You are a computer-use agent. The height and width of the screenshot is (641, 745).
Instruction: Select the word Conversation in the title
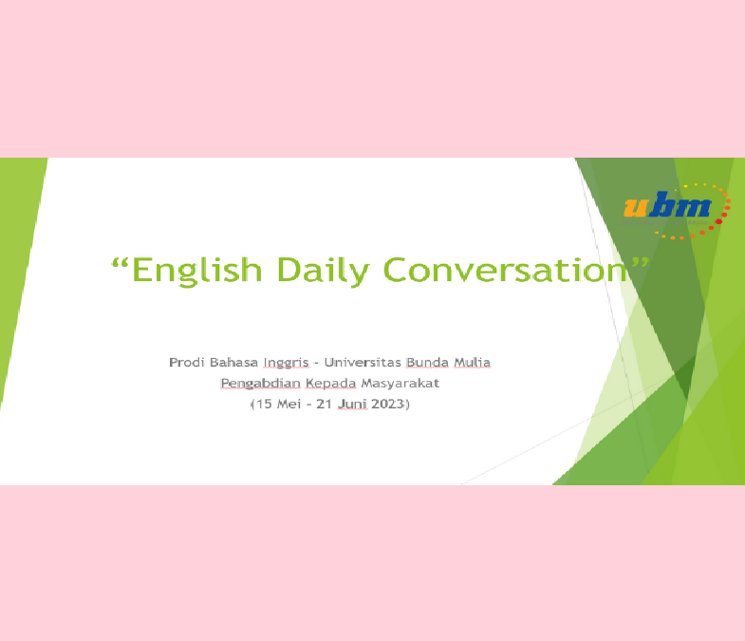coord(505,270)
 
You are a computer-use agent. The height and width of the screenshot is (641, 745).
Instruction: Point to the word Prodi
coord(187,363)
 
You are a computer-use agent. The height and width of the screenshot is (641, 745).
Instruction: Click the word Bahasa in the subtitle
coord(233,363)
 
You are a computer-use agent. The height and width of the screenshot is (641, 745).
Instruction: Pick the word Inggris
coord(286,364)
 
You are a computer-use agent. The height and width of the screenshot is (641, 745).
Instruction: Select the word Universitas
coord(363,363)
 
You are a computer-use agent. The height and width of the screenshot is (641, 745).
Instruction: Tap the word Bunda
coord(428,363)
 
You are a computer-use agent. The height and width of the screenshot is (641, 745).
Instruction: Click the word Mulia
coord(473,363)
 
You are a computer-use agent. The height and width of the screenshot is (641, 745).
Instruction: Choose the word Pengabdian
coord(260,384)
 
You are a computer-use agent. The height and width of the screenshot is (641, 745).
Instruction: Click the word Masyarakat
coord(400,384)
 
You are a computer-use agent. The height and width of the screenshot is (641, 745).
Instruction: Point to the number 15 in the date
coord(264,405)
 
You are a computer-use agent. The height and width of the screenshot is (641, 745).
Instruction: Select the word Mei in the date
coord(289,405)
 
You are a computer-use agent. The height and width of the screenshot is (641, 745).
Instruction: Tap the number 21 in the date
coord(324,405)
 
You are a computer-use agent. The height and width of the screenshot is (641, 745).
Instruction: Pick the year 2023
coord(387,405)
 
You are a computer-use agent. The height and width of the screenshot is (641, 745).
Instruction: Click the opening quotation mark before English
coord(120,263)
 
